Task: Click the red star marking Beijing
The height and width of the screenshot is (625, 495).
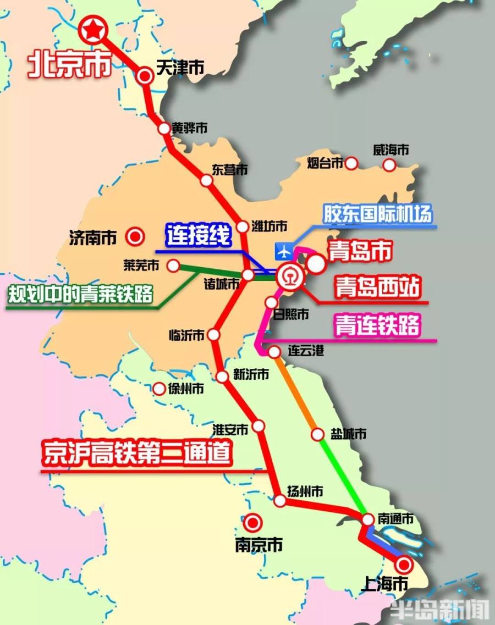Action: click(92, 30)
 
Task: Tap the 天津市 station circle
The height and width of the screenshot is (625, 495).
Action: click(145, 76)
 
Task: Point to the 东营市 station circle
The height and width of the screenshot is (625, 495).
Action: click(206, 180)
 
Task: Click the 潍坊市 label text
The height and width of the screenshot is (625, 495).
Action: click(269, 226)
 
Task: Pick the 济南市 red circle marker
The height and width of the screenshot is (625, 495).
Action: click(135, 237)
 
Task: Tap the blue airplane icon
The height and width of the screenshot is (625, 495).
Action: click(284, 252)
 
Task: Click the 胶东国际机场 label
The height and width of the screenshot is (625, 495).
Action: click(377, 214)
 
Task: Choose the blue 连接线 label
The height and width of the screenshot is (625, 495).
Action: click(198, 237)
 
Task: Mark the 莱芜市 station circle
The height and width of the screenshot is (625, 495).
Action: click(173, 266)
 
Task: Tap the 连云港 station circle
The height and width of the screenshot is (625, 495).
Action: click(274, 352)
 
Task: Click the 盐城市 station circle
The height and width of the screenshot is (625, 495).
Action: click(317, 434)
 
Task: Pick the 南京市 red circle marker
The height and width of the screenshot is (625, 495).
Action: click(253, 522)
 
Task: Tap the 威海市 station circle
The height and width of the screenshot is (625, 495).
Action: click(389, 164)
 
